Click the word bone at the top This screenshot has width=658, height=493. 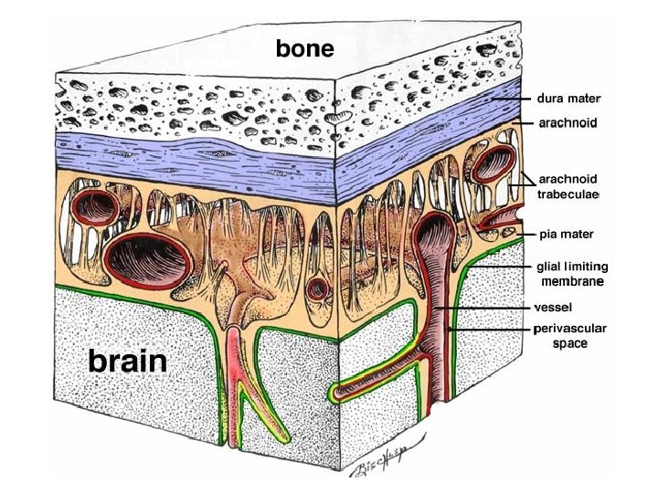(x=305, y=47)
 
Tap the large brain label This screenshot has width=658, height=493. (x=127, y=362)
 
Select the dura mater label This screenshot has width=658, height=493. (x=567, y=97)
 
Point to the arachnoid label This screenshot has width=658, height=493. (x=568, y=121)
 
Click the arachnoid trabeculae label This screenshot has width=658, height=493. (x=568, y=186)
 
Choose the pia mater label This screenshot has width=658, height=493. (x=567, y=235)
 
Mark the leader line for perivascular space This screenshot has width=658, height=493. (x=493, y=328)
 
